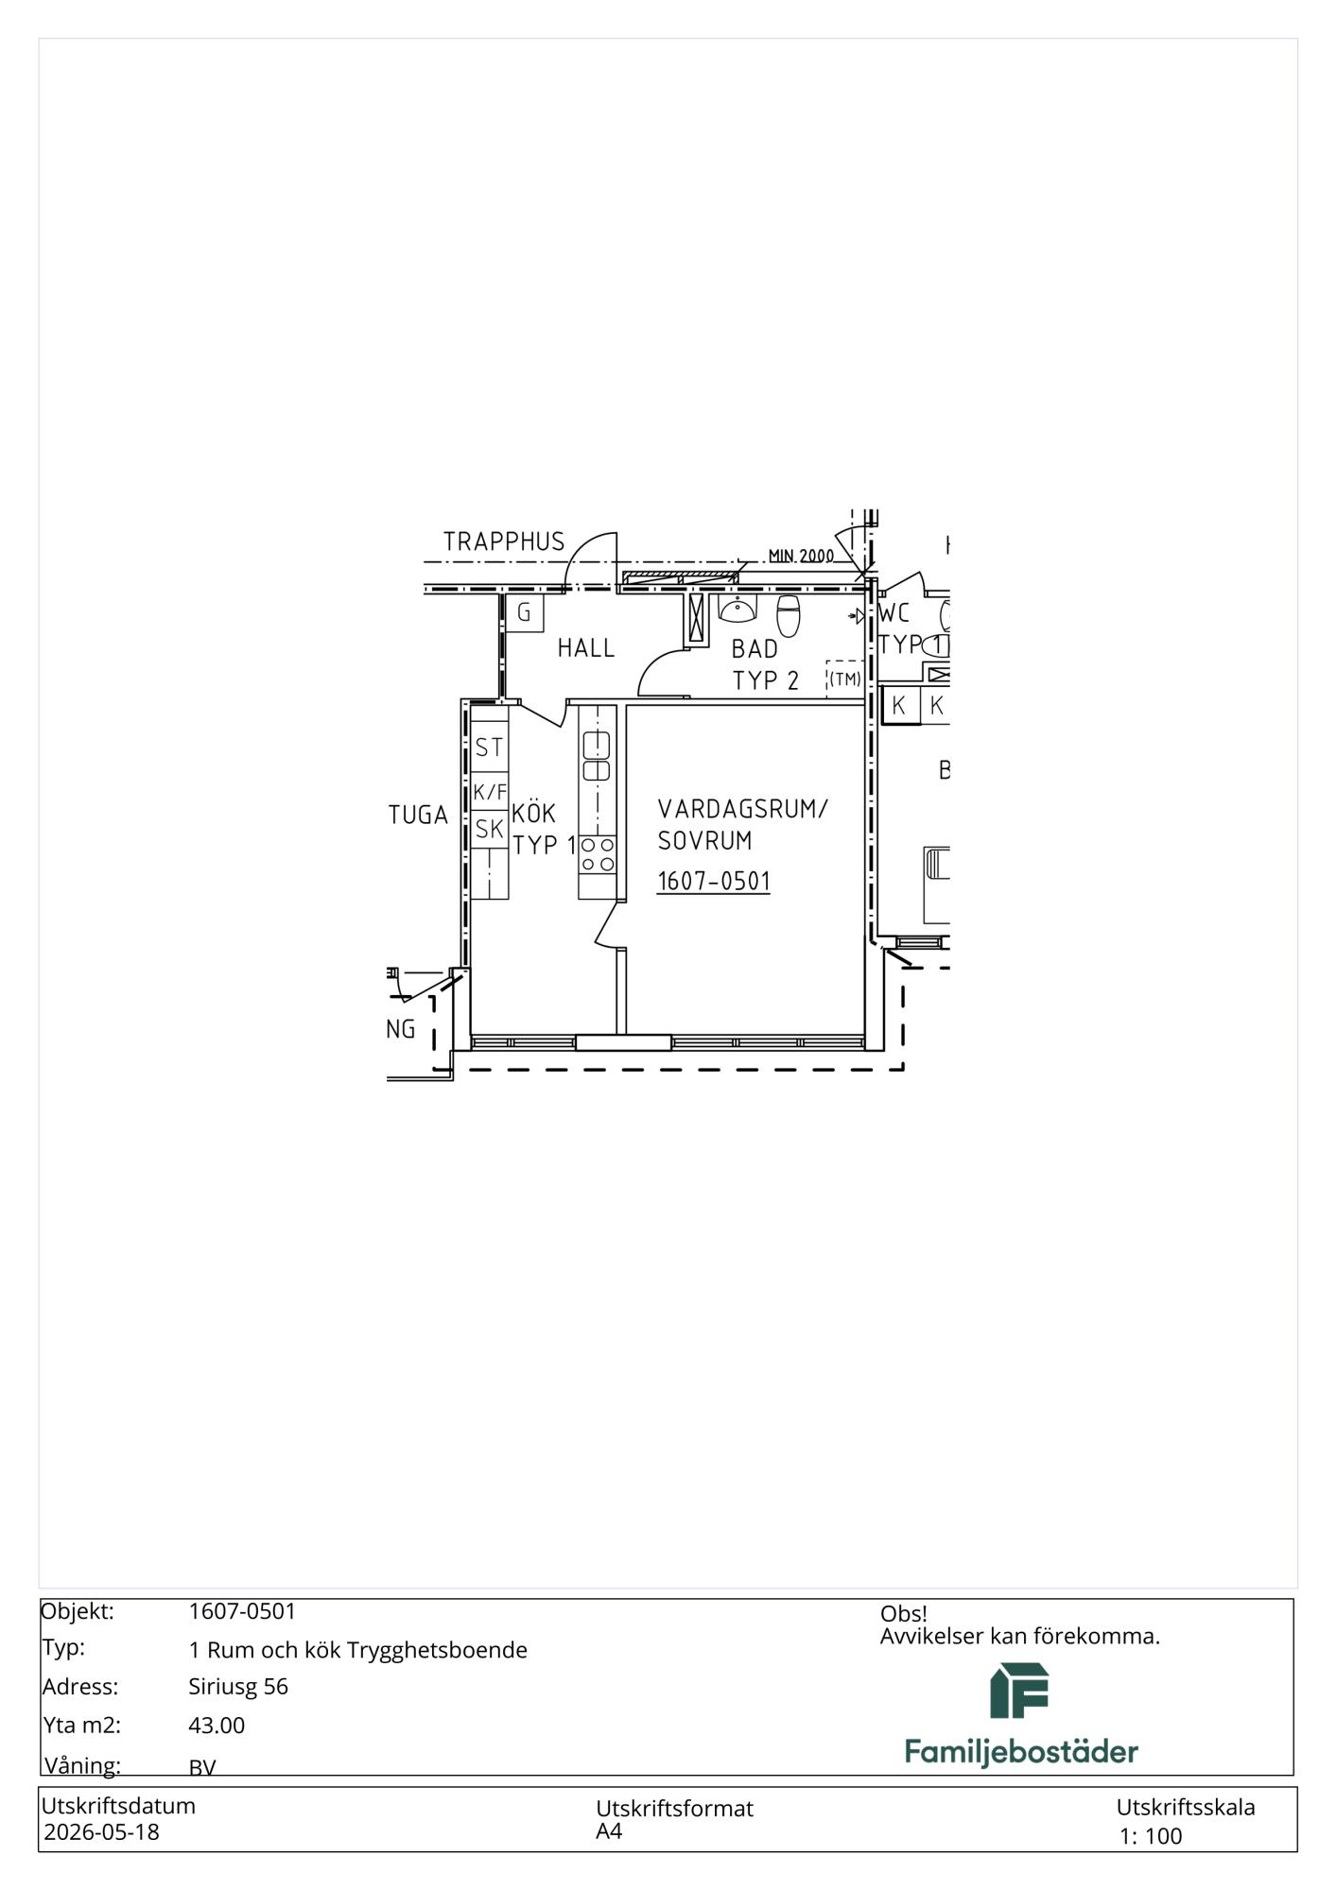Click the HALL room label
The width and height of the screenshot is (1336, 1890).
(585, 648)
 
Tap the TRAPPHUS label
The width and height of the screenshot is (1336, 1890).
(504, 541)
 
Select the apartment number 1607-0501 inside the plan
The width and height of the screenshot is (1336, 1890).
(714, 881)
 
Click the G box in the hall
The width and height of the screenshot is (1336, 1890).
(524, 612)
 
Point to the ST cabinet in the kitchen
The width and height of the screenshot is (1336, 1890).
(490, 747)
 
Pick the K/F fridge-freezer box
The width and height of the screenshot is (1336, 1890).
(490, 791)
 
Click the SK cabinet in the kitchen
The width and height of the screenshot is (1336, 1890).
(490, 830)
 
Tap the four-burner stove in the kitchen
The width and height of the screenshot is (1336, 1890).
(598, 854)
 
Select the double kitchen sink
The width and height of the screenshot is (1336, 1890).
(597, 757)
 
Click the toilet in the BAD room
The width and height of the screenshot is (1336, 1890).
(789, 615)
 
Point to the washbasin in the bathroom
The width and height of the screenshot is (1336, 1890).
(737, 609)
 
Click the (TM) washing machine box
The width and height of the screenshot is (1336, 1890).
(845, 679)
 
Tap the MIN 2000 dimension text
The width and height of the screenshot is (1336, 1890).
(801, 556)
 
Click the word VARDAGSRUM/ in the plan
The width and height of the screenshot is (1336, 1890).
(743, 809)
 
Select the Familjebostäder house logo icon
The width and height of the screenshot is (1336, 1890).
(1019, 1691)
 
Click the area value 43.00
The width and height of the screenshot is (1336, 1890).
(217, 1726)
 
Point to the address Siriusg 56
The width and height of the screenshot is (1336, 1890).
(238, 1687)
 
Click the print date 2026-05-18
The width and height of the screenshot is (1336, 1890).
(102, 1832)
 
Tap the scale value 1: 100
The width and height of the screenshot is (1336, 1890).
(1151, 1836)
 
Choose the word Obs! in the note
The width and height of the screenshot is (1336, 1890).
(903, 1614)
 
